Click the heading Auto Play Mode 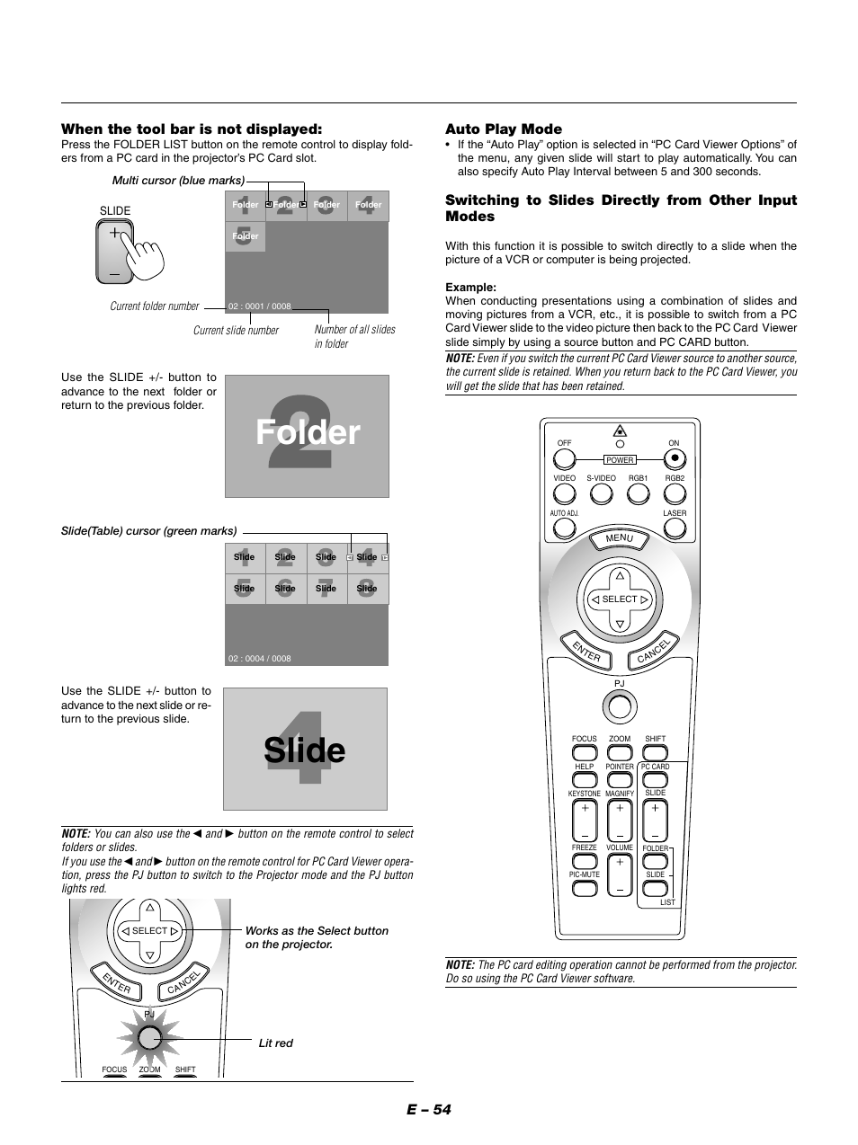coord(504,129)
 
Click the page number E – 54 coord(428,1109)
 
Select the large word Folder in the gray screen coord(308,433)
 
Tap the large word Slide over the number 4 coord(305,750)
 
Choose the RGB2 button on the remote coord(675,493)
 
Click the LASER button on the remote coord(675,528)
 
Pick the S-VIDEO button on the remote coord(601,493)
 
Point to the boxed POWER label coord(620,459)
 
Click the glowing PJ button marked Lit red coord(149,1039)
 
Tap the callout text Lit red coord(276,1043)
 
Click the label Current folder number coord(154,306)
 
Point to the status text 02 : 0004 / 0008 coord(260,659)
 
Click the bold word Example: coord(470,288)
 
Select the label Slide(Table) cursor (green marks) coord(149,531)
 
